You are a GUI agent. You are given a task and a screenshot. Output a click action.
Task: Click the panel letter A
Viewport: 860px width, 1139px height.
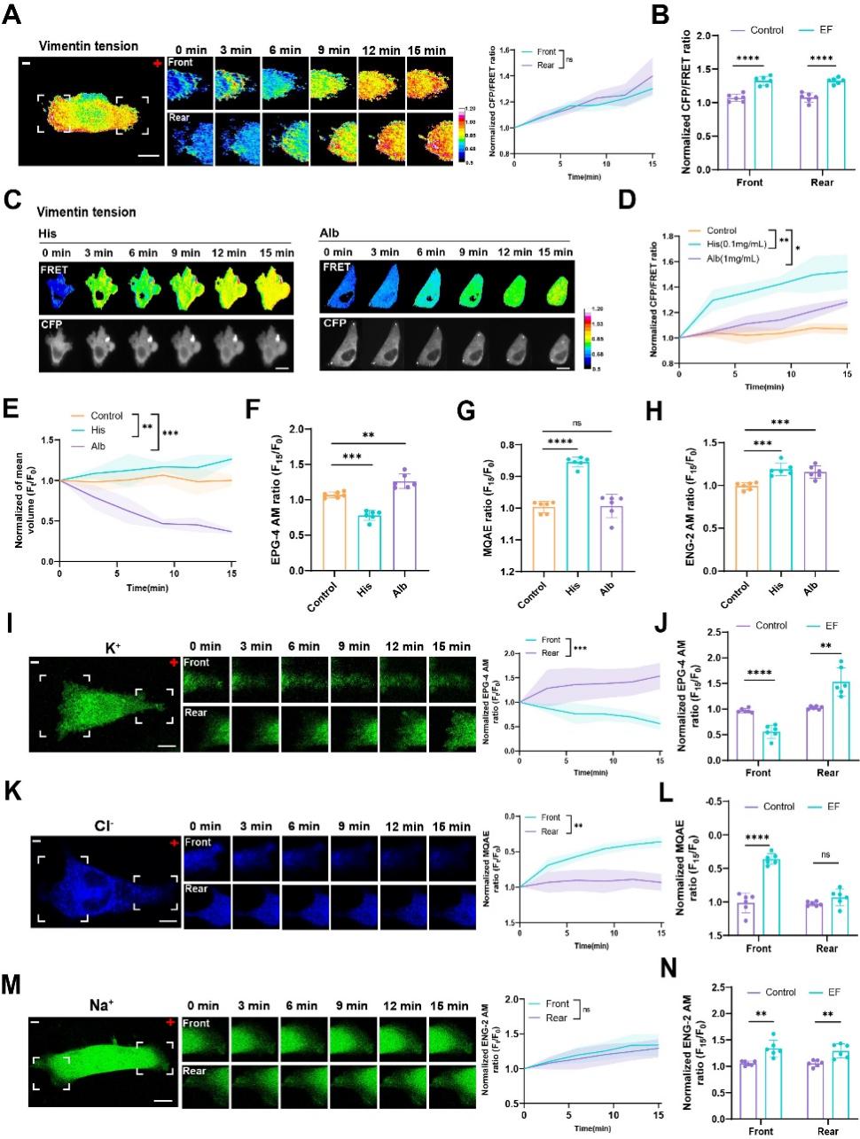(12, 18)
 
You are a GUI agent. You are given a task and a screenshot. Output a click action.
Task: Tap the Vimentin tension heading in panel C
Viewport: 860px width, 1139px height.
(87, 212)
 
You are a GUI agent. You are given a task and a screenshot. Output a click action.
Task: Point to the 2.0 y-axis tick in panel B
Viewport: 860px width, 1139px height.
(706, 37)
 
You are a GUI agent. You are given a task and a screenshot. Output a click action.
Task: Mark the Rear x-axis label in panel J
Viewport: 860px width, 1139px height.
(826, 773)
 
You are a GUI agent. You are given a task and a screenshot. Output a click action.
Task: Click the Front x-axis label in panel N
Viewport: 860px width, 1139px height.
(760, 1131)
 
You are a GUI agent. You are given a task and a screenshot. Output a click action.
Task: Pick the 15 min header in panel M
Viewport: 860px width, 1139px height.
(449, 1007)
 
